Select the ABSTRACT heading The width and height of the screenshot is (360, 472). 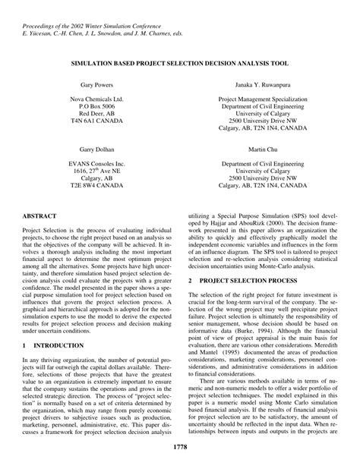pos(39,216)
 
